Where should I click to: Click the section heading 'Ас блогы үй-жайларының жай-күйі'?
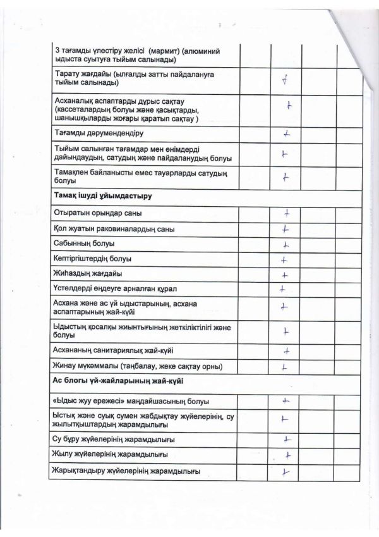click(114, 381)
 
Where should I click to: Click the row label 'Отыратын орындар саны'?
click(94, 213)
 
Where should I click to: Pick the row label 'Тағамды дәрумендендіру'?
click(100, 133)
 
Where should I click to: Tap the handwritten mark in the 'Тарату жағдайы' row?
click(286, 80)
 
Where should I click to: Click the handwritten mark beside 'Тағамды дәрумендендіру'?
click(286, 133)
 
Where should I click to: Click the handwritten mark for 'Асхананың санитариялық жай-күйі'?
click(287, 350)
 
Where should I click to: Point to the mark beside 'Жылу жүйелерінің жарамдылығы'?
click(287, 455)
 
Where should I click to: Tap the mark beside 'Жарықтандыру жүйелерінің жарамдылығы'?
click(286, 471)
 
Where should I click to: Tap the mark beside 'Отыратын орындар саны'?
click(287, 213)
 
